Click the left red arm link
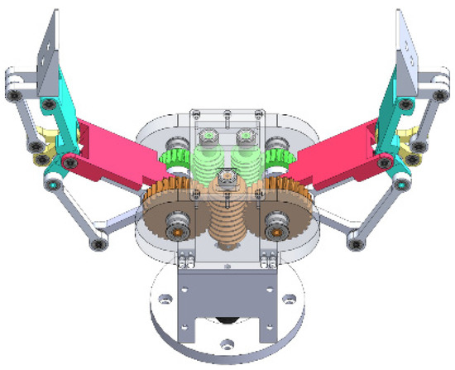(x=116, y=149)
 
